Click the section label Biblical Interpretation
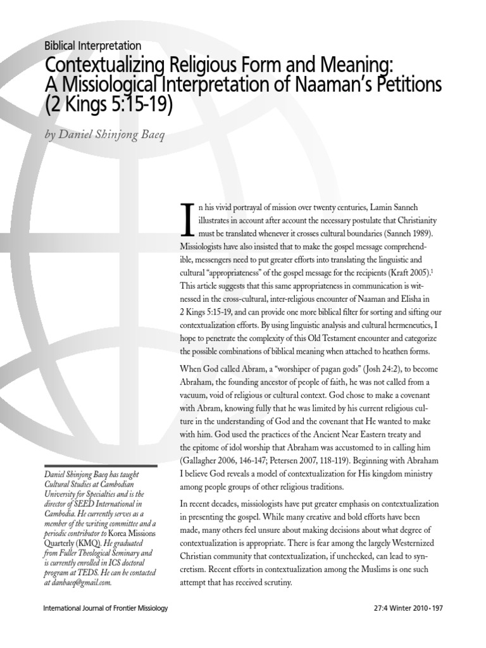point(93,46)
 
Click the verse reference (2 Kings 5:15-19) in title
point(108,104)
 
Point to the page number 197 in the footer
point(437,626)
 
